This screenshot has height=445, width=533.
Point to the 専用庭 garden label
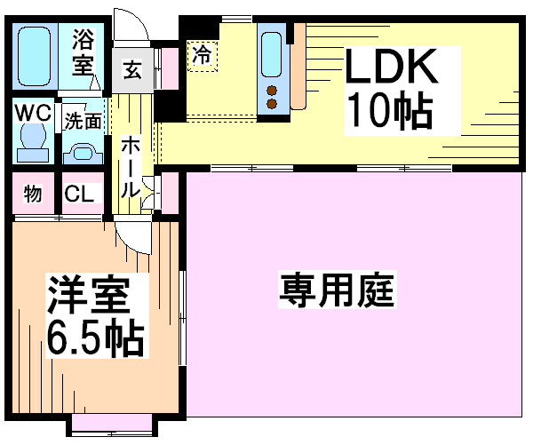[x=337, y=290]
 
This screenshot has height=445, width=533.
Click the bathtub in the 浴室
[x=34, y=56]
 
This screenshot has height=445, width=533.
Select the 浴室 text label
[x=84, y=52]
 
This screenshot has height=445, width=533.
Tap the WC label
[x=34, y=112]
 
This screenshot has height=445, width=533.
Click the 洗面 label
[x=83, y=121]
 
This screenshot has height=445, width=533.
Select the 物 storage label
[x=33, y=194]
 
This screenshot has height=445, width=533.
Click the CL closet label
[x=79, y=194]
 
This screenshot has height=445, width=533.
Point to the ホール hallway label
[x=131, y=167]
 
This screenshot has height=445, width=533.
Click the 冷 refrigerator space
[x=203, y=56]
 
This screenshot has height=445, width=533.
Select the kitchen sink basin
[x=271, y=55]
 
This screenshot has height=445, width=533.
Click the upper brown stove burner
[x=271, y=91]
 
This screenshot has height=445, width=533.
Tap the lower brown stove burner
[x=271, y=104]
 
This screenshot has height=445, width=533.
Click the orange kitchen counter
[x=299, y=67]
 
